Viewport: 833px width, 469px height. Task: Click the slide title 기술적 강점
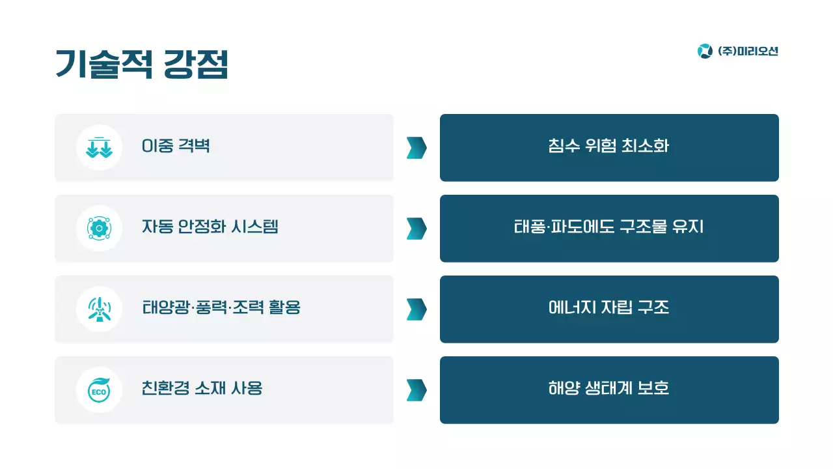point(142,64)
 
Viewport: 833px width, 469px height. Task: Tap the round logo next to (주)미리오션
point(705,51)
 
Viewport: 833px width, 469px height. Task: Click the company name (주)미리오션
point(748,51)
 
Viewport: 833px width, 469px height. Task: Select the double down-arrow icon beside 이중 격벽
point(99,147)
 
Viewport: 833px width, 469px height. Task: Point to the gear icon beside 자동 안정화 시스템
point(99,228)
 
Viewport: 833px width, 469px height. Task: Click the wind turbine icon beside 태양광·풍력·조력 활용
point(99,309)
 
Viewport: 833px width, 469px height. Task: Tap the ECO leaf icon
point(99,390)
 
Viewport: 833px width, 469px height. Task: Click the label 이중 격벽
point(176,146)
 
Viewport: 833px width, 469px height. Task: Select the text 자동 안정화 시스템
point(210,227)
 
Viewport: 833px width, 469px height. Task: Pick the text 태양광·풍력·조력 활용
point(221,307)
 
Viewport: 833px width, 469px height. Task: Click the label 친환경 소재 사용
point(202,388)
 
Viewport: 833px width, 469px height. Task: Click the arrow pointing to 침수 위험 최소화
point(416,148)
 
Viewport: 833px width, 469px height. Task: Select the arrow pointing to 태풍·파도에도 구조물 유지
point(416,229)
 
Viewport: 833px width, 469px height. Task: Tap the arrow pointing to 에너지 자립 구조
point(416,309)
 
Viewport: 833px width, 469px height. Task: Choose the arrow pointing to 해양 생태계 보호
point(416,390)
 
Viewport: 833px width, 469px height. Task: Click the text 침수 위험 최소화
point(608,146)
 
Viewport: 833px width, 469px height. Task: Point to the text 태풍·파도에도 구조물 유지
point(608,227)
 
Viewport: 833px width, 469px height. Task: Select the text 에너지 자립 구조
point(608,307)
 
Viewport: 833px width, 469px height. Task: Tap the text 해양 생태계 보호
point(608,388)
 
